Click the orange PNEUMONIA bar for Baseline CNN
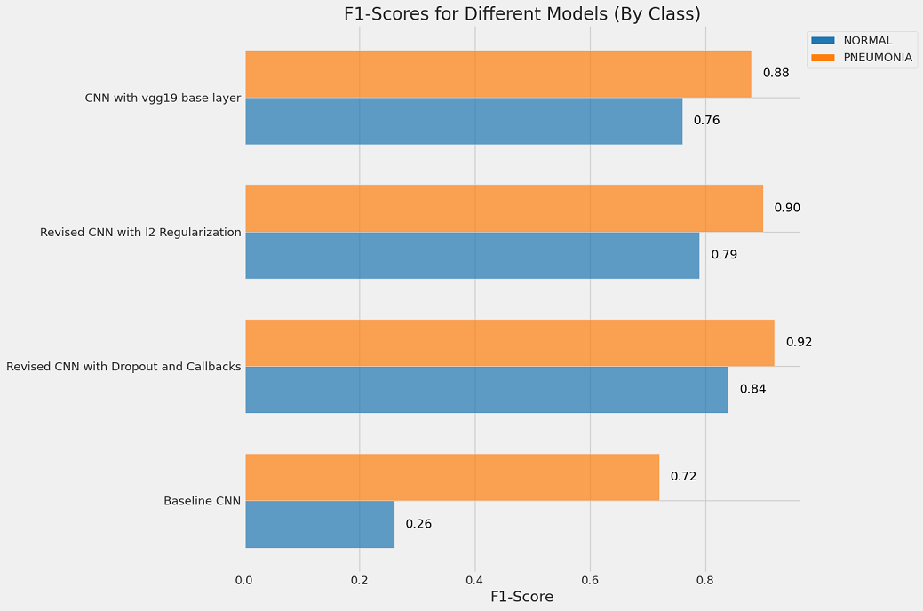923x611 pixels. click(451, 477)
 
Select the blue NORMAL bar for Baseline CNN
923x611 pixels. click(320, 524)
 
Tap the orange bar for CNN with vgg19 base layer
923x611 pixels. click(497, 74)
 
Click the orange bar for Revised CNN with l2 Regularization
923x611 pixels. click(504, 208)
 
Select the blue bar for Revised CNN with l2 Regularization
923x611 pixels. click(472, 255)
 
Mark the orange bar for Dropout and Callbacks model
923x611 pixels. click(509, 342)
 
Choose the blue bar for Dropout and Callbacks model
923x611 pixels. click(486, 389)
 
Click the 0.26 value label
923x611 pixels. click(418, 524)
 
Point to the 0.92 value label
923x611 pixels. click(799, 342)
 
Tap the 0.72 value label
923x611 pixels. click(683, 477)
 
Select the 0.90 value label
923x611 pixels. click(787, 208)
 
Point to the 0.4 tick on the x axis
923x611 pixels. click(474, 581)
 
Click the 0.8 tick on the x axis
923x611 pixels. click(705, 581)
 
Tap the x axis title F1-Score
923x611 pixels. click(522, 598)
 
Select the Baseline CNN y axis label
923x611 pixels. click(202, 501)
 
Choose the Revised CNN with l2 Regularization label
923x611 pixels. click(140, 233)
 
